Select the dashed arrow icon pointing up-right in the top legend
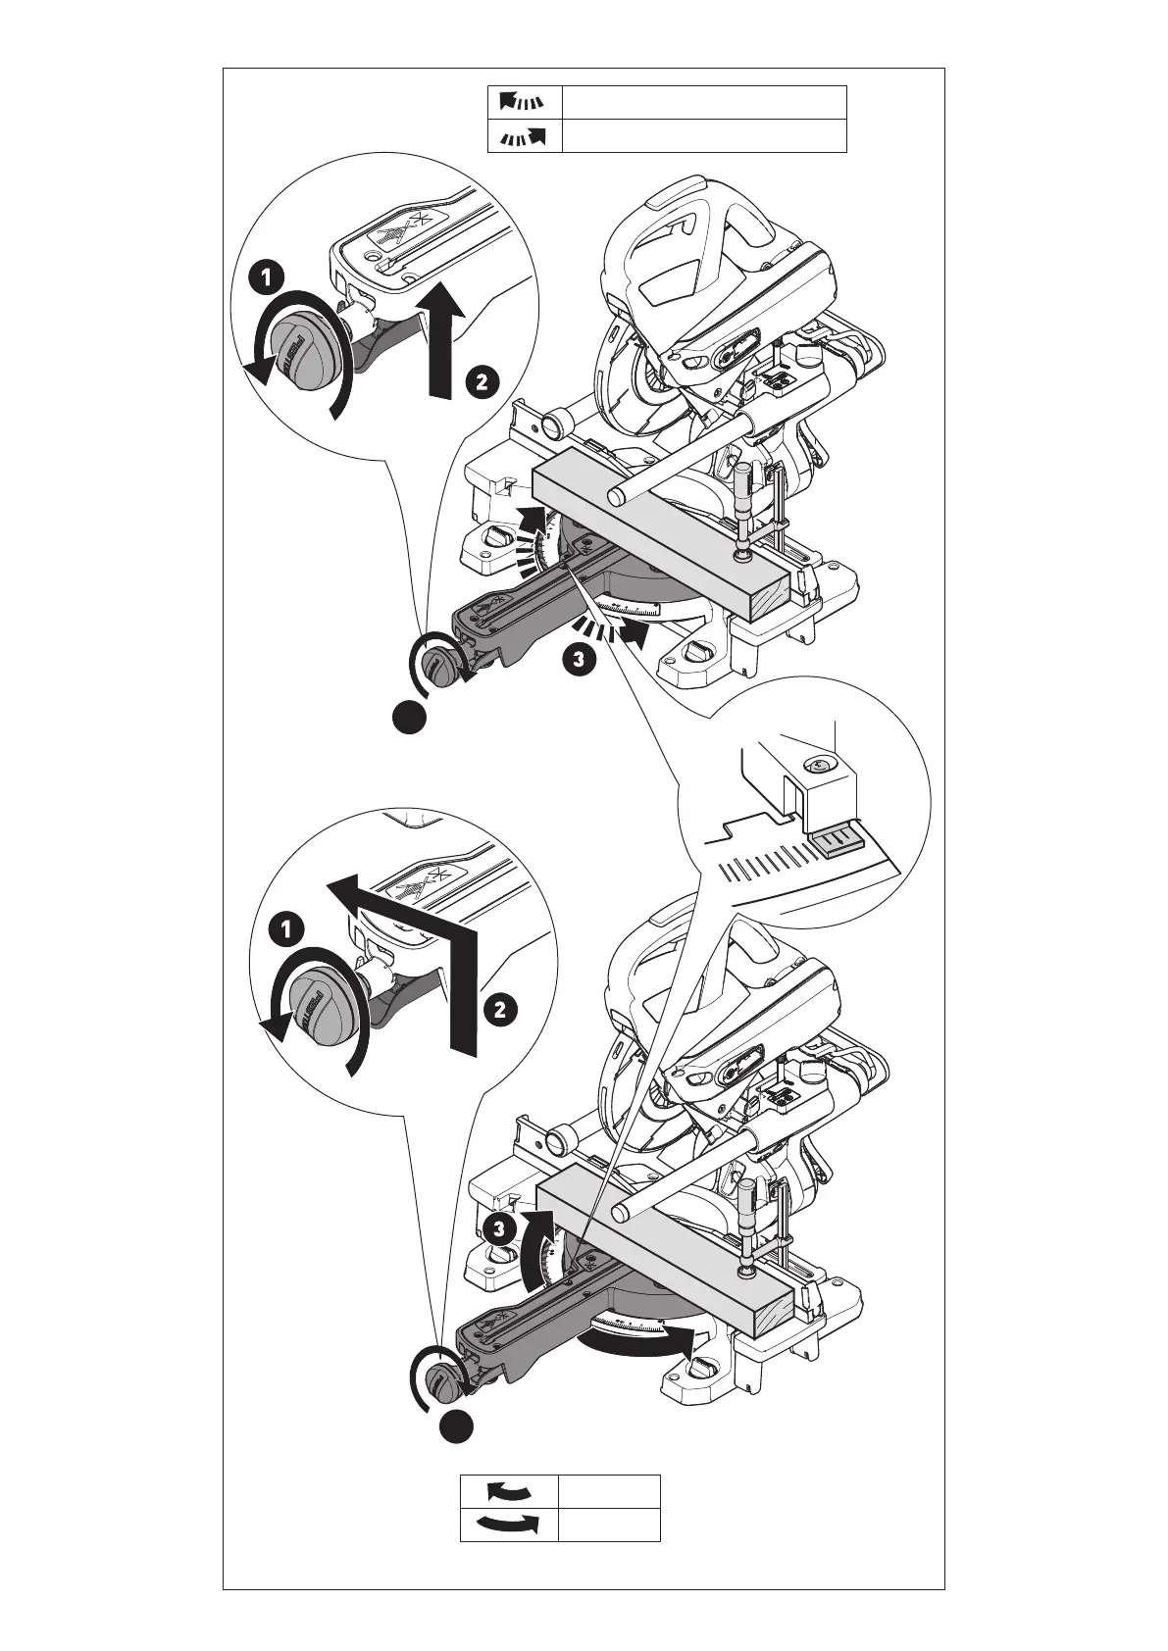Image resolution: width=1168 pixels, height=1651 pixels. tap(524, 136)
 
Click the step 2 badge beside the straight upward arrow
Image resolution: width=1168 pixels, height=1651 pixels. tap(481, 380)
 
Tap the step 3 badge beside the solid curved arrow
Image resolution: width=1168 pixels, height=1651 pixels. tap(499, 1226)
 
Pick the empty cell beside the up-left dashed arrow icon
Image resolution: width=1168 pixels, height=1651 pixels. tap(703, 101)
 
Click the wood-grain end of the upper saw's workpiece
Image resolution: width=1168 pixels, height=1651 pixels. tap(771, 594)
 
